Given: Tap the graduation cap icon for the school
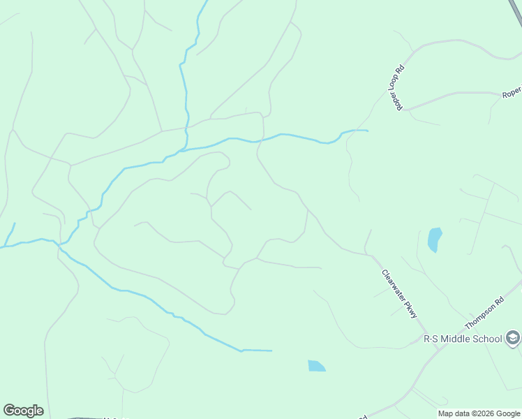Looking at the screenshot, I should click(x=513, y=339).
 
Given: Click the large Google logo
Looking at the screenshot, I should click(x=23, y=411).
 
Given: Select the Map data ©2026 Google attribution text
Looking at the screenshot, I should click(x=479, y=413).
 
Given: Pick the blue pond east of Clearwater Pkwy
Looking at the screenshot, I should click(x=434, y=240).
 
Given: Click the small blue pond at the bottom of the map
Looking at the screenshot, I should click(x=316, y=366).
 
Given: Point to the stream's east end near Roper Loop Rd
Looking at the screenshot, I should click(x=366, y=131).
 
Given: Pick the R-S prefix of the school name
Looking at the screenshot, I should click(x=431, y=339).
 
